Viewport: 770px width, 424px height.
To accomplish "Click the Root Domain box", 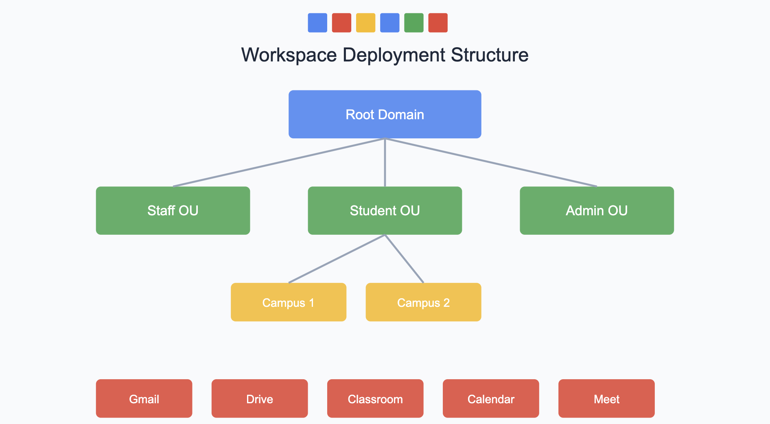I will coord(385,114).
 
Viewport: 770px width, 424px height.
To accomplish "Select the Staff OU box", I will coord(173,210).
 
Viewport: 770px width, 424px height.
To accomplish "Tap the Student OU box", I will coord(385,210).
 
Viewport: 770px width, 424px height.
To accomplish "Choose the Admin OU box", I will coord(597,210).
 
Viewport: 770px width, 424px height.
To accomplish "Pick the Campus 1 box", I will coord(288,302).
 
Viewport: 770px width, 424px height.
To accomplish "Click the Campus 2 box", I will coord(423,302).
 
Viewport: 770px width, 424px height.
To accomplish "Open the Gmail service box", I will coord(144,399).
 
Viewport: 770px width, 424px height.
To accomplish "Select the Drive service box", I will coord(259,399).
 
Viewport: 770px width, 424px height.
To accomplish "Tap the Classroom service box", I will coord(375,399).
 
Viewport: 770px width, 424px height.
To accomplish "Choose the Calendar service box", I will coord(491,399).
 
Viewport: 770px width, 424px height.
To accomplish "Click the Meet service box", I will coord(606,399).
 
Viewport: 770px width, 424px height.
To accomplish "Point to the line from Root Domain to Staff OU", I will coord(279,162).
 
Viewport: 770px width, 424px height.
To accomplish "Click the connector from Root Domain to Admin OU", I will coord(491,162).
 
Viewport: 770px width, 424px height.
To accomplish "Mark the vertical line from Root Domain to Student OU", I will coord(385,163).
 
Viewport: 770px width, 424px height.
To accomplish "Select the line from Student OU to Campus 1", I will coord(337,259).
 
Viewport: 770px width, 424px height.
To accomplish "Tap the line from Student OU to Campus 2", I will coord(404,259).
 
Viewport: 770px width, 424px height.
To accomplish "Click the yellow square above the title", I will coord(365,23).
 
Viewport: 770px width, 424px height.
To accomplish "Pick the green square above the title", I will coord(413,23).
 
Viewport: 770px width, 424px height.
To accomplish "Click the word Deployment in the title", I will coord(394,55).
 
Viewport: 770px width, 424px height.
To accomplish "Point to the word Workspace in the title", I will coord(289,55).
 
